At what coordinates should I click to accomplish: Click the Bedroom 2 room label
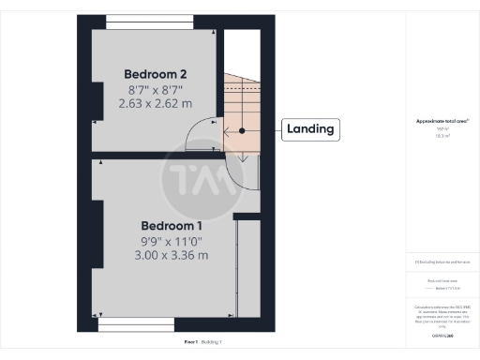coord(157,74)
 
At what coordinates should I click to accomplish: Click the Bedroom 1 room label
coord(171,226)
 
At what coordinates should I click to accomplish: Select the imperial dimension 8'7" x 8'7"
coord(157,90)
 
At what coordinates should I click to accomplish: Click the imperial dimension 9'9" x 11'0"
coord(171,241)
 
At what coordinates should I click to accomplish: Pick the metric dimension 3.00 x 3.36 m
coord(171,255)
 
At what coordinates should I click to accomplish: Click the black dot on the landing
coord(242,130)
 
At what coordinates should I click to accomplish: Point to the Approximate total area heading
coord(442,122)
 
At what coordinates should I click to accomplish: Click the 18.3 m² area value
coord(442,137)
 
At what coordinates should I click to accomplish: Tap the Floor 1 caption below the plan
coord(190,342)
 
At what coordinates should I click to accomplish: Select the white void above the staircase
coord(242,51)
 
